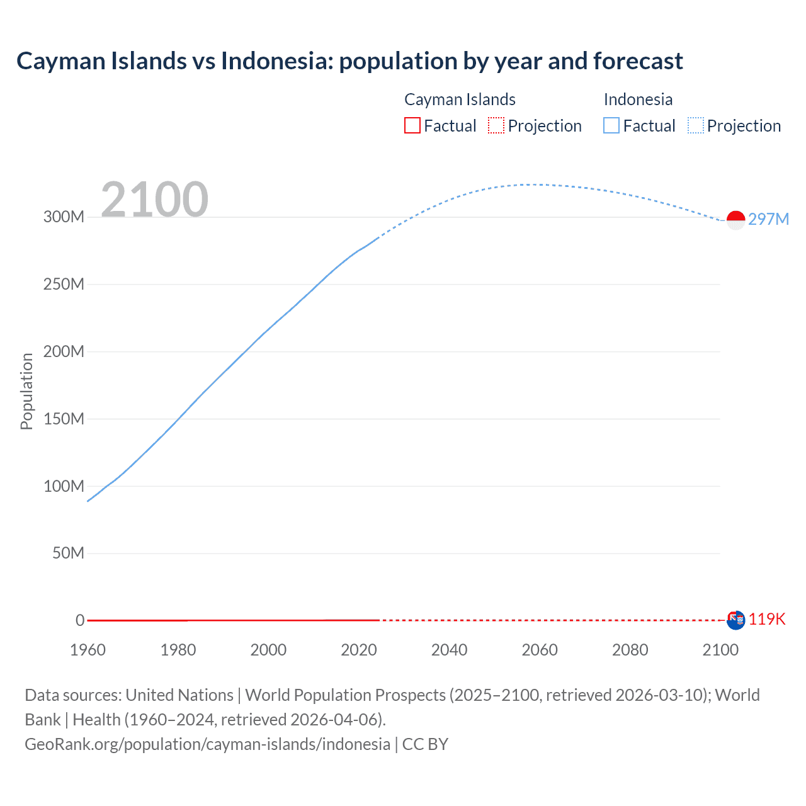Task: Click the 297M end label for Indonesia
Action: (768, 219)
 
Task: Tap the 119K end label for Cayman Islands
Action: (767, 619)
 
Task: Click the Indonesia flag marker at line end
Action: (735, 220)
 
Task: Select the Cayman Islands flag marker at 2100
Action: (735, 620)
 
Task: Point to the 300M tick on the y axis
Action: (64, 217)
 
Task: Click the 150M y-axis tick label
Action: (64, 419)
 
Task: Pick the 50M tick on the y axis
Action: (68, 553)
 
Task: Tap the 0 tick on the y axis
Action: (80, 620)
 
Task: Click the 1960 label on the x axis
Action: (88, 650)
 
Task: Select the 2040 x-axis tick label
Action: (449, 650)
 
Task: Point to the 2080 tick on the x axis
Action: (630, 650)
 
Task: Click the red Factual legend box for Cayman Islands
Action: (412, 125)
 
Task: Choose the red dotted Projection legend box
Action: (496, 125)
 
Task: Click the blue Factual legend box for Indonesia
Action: (611, 125)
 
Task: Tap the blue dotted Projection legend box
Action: (696, 125)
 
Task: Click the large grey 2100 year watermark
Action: (154, 200)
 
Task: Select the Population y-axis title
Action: (26, 391)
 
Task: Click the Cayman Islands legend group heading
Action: (460, 99)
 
